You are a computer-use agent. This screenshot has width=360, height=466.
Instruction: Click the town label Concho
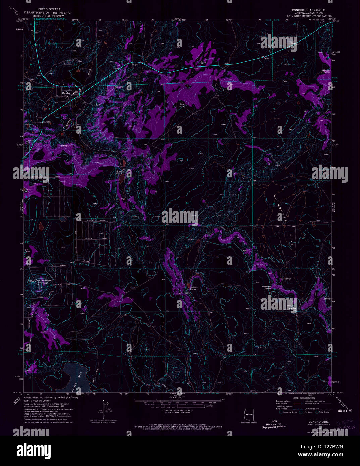[x=65, y=93]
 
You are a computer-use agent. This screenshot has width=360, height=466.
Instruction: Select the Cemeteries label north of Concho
[x=68, y=64]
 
